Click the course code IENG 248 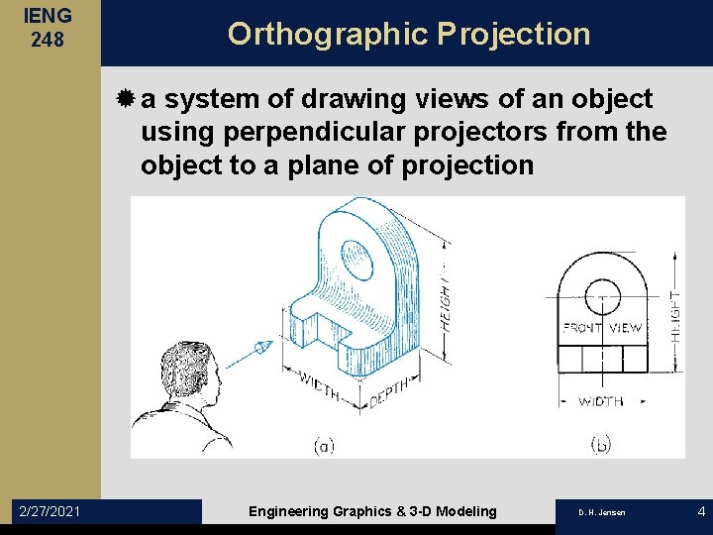coord(49,29)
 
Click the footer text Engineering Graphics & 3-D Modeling coord(372,511)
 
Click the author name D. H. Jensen coord(603,512)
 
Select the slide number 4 coord(701,511)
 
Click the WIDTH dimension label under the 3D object coord(319,387)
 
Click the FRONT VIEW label coord(602,327)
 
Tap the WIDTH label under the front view coord(600,401)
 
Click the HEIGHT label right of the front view coord(675,316)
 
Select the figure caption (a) coord(323,446)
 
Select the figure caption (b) coord(600,446)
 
